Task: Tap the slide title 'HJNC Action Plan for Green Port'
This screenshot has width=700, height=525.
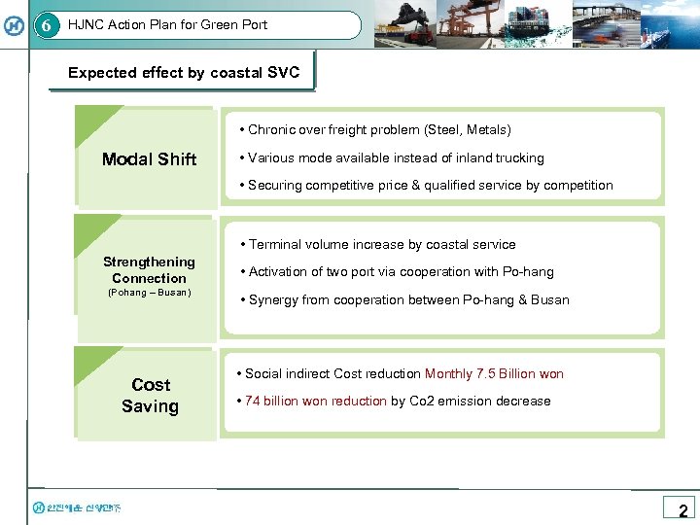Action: [x=167, y=24]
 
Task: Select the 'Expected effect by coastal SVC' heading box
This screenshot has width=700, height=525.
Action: [x=184, y=73]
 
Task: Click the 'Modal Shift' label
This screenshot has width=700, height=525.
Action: [x=149, y=159]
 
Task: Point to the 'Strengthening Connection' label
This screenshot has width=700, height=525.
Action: [x=149, y=269]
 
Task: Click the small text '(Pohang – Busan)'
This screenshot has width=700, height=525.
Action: [x=149, y=293]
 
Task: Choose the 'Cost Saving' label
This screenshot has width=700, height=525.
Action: [x=150, y=396]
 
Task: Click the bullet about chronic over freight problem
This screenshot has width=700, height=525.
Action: [x=379, y=129]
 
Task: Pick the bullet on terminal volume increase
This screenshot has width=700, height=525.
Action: [x=382, y=244]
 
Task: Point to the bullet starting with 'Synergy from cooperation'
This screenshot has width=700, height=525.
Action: [x=408, y=299]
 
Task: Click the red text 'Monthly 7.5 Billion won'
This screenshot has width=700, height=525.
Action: [x=494, y=373]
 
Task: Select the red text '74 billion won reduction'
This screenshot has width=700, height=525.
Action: [x=316, y=401]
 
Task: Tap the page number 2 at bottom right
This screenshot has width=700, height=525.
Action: [x=682, y=509]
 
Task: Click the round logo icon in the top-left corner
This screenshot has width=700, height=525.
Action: [x=14, y=25]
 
